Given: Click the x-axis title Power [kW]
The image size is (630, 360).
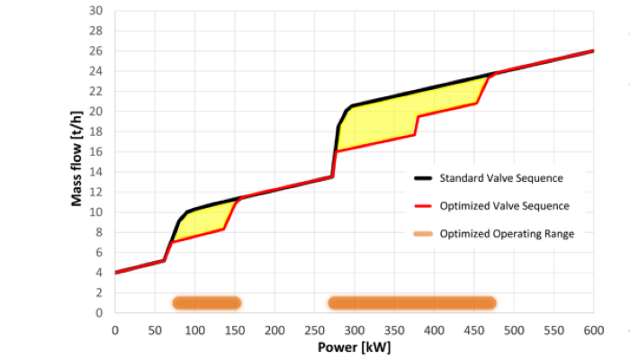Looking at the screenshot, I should [x=354, y=346].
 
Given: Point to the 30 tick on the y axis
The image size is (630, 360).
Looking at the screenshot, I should [x=97, y=11].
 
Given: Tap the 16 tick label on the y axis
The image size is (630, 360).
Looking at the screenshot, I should [x=97, y=151].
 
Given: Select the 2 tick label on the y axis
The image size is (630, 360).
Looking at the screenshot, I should [x=100, y=292].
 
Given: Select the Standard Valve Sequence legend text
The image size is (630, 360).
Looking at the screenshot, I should [x=501, y=176].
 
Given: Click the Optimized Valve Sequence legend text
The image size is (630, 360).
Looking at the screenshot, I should [x=504, y=205].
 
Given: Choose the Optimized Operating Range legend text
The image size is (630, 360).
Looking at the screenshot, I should [x=507, y=234].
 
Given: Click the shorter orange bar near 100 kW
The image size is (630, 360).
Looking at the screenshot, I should [x=206, y=302].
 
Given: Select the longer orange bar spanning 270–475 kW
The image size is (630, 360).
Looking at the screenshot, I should [x=412, y=302].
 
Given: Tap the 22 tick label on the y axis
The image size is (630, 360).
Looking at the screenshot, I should [x=97, y=91].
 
